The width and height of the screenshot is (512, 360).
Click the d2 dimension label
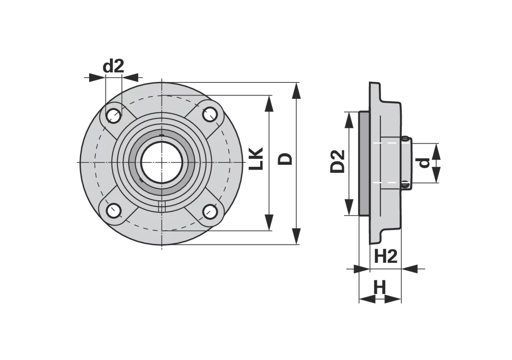(113, 66)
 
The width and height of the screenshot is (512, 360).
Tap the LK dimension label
(256, 159)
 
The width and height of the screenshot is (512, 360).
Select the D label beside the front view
(285, 159)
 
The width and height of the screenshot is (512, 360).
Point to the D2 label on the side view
(337, 162)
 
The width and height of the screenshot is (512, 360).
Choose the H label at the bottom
(380, 287)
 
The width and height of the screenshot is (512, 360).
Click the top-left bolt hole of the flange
(114, 116)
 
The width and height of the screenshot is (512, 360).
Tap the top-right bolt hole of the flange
(210, 114)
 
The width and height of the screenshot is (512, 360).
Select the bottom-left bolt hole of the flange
(114, 210)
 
